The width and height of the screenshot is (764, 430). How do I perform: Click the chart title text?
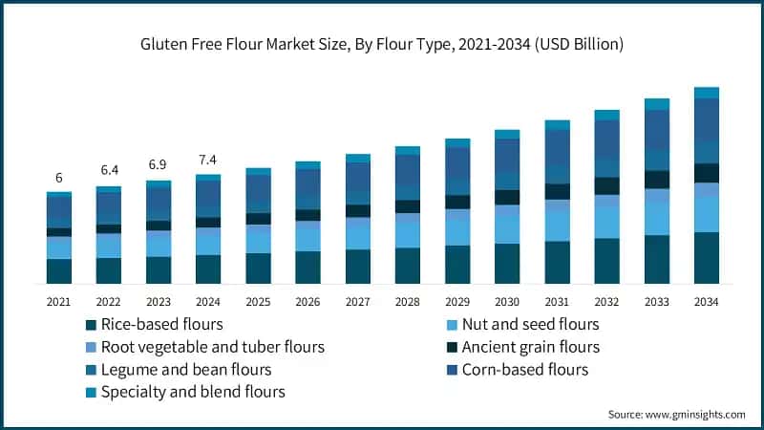pos(381,44)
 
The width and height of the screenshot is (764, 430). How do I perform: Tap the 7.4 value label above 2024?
pos(207,160)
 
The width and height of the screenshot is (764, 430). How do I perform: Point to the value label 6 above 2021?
pos(59,178)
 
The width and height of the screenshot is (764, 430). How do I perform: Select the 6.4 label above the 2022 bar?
pos(109,170)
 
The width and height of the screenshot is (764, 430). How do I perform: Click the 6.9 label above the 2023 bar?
pos(158,164)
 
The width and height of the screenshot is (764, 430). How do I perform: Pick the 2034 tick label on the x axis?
pos(706,302)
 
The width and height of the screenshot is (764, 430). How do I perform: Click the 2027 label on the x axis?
pos(357,302)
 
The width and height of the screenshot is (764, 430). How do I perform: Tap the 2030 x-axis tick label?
pos(507,302)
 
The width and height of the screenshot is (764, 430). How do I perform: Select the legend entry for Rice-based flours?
pos(155,324)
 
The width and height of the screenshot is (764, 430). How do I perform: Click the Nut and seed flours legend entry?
pos(522,324)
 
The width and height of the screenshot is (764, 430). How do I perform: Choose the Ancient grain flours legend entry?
pos(523,347)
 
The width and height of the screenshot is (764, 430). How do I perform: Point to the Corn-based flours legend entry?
pos(518,370)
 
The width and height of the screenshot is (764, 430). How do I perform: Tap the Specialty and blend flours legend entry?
pos(185,392)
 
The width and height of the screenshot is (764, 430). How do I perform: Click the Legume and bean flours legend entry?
pos(179,370)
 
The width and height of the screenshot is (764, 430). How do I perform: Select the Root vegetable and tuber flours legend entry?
pos(205,347)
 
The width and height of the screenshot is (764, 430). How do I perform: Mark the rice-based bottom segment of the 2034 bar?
pos(707,258)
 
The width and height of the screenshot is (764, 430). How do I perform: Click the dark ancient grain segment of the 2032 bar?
pos(606,185)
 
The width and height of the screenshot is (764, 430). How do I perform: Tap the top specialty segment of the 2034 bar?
pos(707,93)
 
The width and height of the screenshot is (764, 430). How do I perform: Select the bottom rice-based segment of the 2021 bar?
pos(59,271)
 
